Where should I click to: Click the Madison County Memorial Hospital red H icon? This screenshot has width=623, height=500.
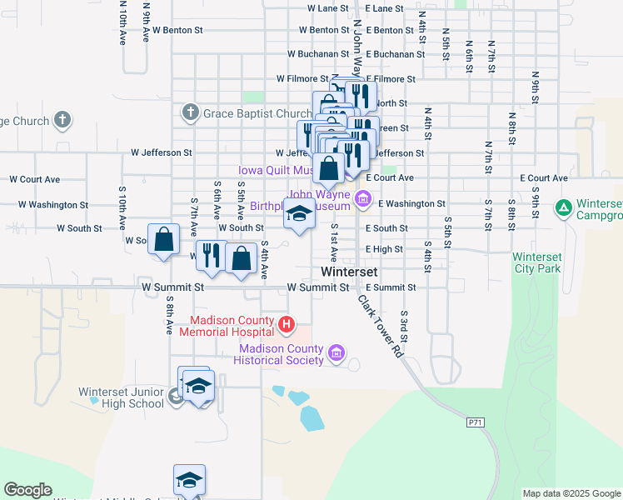pyautogui.click(x=287, y=324)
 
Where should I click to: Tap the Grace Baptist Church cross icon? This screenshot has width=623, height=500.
pyautogui.click(x=190, y=112)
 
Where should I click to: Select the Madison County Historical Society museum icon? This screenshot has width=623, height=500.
pyautogui.click(x=336, y=353)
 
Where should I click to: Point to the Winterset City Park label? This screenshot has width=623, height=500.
pyautogui.click(x=537, y=262)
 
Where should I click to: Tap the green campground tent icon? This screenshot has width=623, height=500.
pyautogui.click(x=564, y=207)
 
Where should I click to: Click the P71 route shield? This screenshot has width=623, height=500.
pyautogui.click(x=476, y=423)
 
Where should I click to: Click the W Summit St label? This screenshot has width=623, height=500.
pyautogui.click(x=316, y=287)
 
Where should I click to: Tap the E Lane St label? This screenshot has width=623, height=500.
pyautogui.click(x=384, y=8)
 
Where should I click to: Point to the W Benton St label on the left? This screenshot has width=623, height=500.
pyautogui.click(x=175, y=30)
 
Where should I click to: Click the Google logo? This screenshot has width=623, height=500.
pyautogui.click(x=27, y=490)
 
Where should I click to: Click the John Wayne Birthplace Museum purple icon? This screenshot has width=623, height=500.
pyautogui.click(x=362, y=198)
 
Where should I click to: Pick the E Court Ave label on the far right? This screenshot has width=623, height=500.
pyautogui.click(x=548, y=178)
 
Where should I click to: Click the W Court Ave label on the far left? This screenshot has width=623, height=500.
pyautogui.click(x=35, y=179)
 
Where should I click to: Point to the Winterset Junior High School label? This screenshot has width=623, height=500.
pyautogui.click(x=122, y=397)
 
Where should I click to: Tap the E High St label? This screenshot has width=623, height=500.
pyautogui.click(x=384, y=249)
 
